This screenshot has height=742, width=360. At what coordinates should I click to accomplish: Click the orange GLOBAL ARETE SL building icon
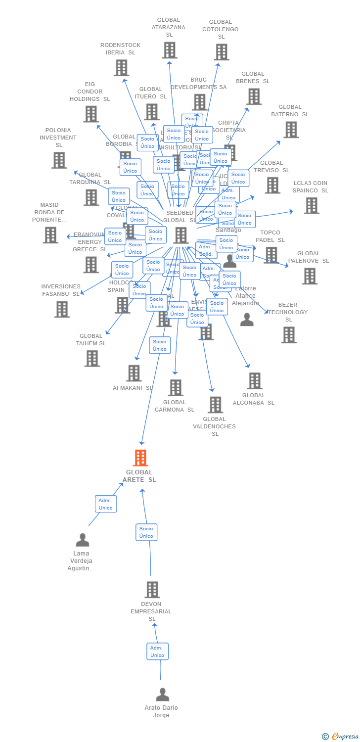click(x=141, y=458)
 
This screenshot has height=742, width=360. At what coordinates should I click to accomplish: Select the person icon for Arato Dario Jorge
click(x=162, y=695)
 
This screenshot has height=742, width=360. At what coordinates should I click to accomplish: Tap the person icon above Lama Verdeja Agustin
click(x=83, y=540)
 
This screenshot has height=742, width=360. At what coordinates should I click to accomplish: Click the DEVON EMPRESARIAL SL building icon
click(x=152, y=590)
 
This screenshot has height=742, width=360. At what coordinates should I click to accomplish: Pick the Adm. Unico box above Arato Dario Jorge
click(x=157, y=651)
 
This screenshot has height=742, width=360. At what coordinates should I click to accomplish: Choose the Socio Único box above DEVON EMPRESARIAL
click(x=146, y=532)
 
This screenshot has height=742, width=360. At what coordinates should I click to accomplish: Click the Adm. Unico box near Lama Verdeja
click(x=106, y=504)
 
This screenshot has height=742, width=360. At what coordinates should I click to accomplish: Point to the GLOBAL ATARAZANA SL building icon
click(x=170, y=50)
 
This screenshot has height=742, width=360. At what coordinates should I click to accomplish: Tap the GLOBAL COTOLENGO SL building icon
click(x=221, y=52)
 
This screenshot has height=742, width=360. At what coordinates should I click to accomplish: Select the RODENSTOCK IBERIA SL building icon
click(x=121, y=68)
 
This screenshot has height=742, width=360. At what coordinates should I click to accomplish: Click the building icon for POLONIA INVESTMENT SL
click(x=59, y=160)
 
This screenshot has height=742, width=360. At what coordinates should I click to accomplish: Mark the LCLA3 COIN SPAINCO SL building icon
click(x=311, y=205)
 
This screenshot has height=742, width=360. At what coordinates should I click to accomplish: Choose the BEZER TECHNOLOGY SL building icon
click(x=289, y=335)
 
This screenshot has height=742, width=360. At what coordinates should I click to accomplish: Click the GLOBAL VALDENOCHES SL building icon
click(x=215, y=405)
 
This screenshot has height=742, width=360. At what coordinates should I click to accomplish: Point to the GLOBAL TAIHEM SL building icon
click(x=92, y=358)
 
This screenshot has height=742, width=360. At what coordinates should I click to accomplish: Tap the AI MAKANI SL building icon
click(x=134, y=373)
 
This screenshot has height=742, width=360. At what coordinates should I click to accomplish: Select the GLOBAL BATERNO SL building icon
click(x=291, y=130)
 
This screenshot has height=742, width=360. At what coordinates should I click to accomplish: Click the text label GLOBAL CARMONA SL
click(x=175, y=406)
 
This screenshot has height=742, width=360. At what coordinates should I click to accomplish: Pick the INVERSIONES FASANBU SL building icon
click(x=62, y=309)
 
